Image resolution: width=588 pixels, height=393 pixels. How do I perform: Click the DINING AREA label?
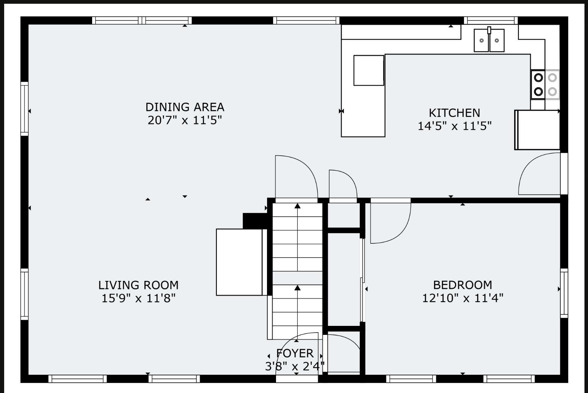pyautogui.click(x=185, y=107)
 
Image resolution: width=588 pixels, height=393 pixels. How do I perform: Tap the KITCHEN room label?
pyautogui.click(x=454, y=113)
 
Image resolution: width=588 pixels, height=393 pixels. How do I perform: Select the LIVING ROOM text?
pyautogui.click(x=138, y=285)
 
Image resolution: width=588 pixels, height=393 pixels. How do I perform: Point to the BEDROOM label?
pyautogui.click(x=463, y=285)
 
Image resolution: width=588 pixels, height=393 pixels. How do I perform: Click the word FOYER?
pyautogui.click(x=295, y=353)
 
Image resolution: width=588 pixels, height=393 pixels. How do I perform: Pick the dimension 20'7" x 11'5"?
pyautogui.click(x=185, y=120)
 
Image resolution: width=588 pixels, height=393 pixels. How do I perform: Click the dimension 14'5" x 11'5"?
pyautogui.click(x=454, y=126)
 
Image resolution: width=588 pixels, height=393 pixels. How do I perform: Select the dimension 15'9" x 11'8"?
pyautogui.click(x=138, y=298)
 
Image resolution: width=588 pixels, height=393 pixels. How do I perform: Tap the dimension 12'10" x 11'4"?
pyautogui.click(x=463, y=298)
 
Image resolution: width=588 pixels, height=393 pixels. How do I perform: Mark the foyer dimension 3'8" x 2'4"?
pyautogui.click(x=295, y=366)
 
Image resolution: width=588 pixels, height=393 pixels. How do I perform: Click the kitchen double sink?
pyautogui.click(x=489, y=40)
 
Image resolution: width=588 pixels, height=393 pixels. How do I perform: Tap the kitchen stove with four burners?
pyautogui.click(x=545, y=85)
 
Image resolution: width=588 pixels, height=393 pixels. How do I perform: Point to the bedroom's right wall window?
pyautogui.click(x=564, y=293)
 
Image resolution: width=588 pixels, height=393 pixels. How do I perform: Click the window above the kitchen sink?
pyautogui.click(x=491, y=20)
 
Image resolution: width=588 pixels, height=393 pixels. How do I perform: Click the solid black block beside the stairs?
pyautogui.click(x=255, y=221)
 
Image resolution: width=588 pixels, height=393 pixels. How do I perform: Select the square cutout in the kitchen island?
pyautogui.click(x=369, y=70)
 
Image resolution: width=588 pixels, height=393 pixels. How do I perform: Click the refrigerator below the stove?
pyautogui.click(x=537, y=130)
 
